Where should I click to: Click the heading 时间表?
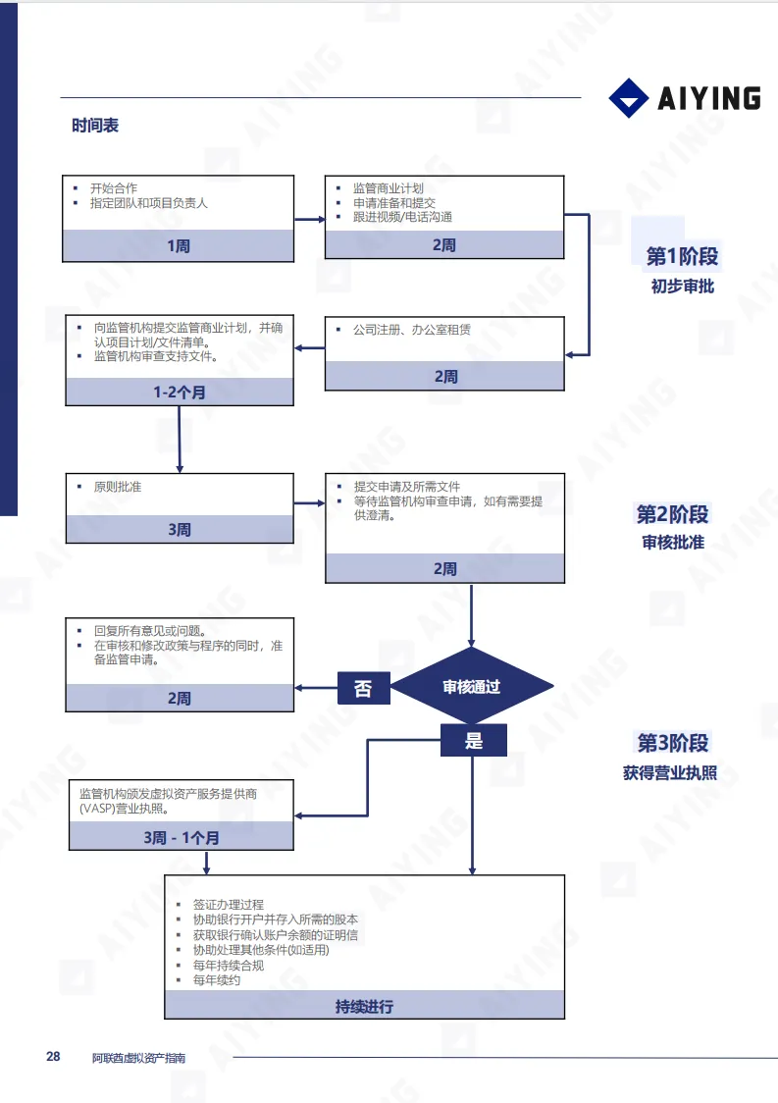(x=95, y=127)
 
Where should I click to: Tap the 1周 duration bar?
(x=179, y=246)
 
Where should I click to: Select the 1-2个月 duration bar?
(x=179, y=392)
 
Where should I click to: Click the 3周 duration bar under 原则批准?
(x=179, y=529)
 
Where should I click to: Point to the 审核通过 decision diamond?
(x=472, y=687)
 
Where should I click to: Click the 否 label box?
(x=363, y=688)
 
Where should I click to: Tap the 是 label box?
(x=474, y=741)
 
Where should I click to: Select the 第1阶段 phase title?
(x=682, y=257)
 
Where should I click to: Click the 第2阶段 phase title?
(x=673, y=514)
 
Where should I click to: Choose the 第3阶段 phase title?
(x=673, y=743)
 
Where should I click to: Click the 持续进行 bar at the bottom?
(x=364, y=1006)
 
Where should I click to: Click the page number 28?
(x=53, y=1057)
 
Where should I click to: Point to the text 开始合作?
(x=114, y=188)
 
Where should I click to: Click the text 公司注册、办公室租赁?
(x=411, y=330)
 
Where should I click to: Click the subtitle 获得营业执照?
(x=670, y=773)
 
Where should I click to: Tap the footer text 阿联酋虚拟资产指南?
(x=138, y=1058)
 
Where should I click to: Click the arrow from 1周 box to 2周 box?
(x=309, y=219)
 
